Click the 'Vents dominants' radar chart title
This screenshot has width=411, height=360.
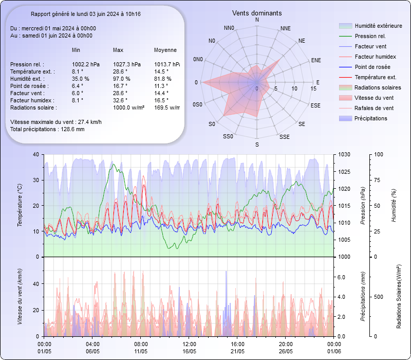(x=257, y=13)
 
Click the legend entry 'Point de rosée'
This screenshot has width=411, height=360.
(x=372, y=67)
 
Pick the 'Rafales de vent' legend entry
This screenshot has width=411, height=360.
(x=374, y=108)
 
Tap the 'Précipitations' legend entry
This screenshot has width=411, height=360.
(x=371, y=118)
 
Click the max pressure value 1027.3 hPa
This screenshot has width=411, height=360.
(x=127, y=64)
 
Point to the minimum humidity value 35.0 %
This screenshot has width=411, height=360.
(x=81, y=79)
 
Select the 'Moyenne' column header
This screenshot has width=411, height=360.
(x=165, y=50)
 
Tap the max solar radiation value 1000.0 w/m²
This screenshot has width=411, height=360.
(x=128, y=107)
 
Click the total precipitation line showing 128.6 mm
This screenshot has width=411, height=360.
(x=47, y=129)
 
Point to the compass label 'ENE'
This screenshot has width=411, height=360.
(x=316, y=60)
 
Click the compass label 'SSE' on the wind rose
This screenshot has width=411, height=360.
(x=284, y=137)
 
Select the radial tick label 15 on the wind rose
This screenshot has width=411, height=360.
(x=313, y=88)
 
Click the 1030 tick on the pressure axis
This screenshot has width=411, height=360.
(x=345, y=154)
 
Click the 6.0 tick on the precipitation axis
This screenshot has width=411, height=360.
(x=341, y=277)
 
